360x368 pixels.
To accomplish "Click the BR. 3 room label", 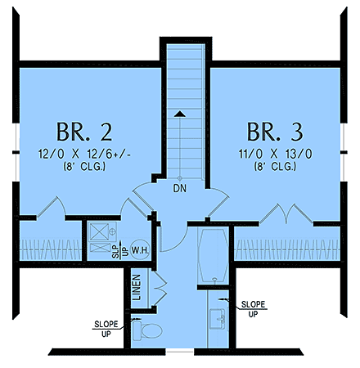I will pyautogui.click(x=276, y=132).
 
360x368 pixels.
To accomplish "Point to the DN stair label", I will pyautogui.click(x=180, y=189).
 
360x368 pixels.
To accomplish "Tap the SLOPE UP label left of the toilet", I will pyautogui.click(x=106, y=325).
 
